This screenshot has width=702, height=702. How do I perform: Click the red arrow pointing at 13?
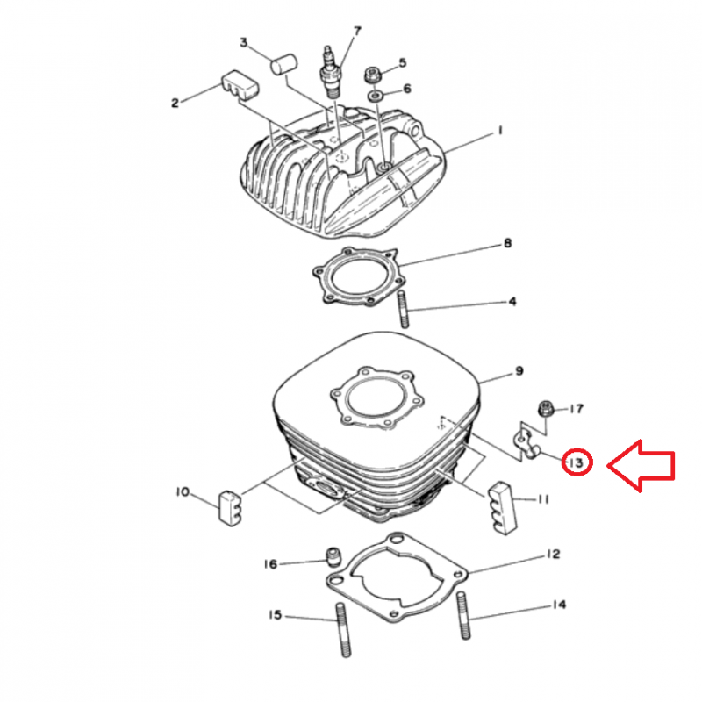point(641,466)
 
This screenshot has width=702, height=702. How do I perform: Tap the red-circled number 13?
point(577,462)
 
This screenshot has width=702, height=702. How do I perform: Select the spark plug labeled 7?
point(330,72)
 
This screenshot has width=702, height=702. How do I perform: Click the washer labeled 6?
point(374,96)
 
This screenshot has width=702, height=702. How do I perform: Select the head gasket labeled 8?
point(361,276)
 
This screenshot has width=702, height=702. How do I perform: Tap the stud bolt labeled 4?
point(403,310)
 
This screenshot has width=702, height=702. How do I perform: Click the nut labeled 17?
point(546,409)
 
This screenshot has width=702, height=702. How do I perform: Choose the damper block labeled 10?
point(230,509)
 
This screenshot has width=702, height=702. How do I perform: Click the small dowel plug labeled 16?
point(333,557)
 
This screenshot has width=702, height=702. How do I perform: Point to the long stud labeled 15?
point(342,629)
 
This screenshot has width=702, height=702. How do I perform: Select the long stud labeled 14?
point(464,615)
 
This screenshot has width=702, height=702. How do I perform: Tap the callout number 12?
point(554,555)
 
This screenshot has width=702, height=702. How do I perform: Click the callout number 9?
point(519,371)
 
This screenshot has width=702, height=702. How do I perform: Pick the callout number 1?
point(500,131)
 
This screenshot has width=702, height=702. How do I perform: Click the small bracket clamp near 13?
point(525,443)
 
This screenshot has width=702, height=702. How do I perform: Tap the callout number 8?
point(507,243)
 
